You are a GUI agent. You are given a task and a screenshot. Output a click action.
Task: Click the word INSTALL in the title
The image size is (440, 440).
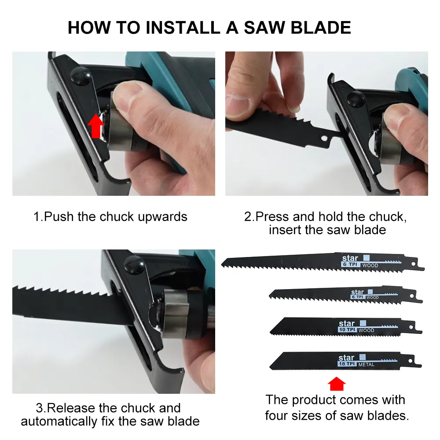tap(183, 28)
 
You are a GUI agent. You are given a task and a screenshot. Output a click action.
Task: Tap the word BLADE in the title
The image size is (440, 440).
tap(321, 28)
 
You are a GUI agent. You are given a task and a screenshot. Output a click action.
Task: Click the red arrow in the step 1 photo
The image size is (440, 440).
tap(96, 126)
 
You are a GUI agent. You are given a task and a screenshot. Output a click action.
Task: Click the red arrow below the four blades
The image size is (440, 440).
tap(337, 384)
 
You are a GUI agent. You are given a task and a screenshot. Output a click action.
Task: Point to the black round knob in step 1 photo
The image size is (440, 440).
tap(81, 76)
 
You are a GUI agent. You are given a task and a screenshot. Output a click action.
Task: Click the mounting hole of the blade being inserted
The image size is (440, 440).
tap(324, 138)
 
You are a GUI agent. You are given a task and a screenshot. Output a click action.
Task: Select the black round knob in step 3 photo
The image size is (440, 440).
tap(134, 264)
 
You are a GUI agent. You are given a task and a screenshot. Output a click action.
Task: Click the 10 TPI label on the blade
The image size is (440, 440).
tap(348, 330)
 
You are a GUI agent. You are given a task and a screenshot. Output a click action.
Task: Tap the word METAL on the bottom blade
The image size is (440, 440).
tap(366, 364)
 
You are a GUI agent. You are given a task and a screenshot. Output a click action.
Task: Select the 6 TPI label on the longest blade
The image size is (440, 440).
tap(350, 264)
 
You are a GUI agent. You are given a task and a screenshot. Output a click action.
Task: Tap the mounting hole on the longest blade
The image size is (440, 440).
tap(413, 264)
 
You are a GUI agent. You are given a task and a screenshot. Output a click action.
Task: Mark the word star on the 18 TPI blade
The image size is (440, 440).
tap(346, 357)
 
